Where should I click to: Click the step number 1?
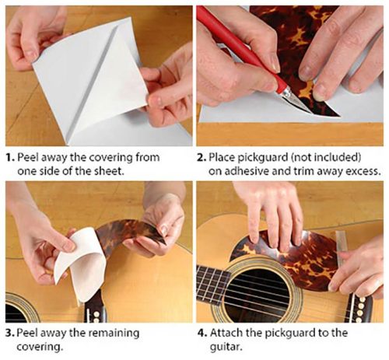pos(9,157)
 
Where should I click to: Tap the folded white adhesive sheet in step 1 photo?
pos(93,74)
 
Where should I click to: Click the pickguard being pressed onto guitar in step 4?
pos(303,249)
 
